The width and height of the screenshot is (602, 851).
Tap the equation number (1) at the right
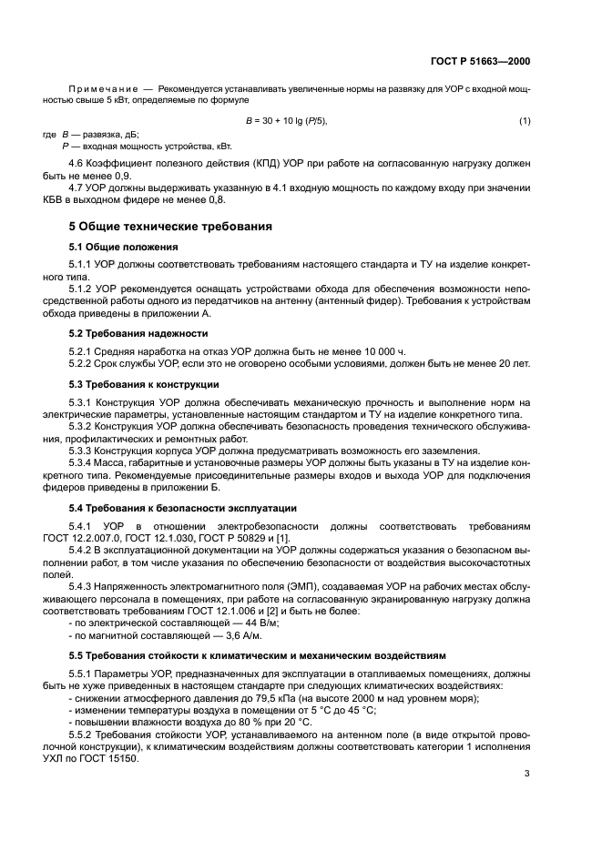525,121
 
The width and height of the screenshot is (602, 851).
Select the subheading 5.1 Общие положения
123,247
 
